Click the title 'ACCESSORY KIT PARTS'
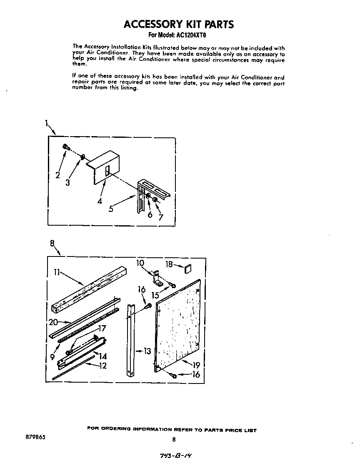click(x=179, y=24)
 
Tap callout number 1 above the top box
click(x=47, y=123)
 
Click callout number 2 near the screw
click(x=58, y=175)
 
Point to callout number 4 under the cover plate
click(x=99, y=201)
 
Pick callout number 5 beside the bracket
click(x=111, y=209)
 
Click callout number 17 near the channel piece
click(x=102, y=329)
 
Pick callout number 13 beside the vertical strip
click(x=147, y=351)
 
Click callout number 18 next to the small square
click(x=169, y=264)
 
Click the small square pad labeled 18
click(x=187, y=269)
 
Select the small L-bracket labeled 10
click(x=158, y=279)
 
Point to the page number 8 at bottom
click(x=174, y=439)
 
